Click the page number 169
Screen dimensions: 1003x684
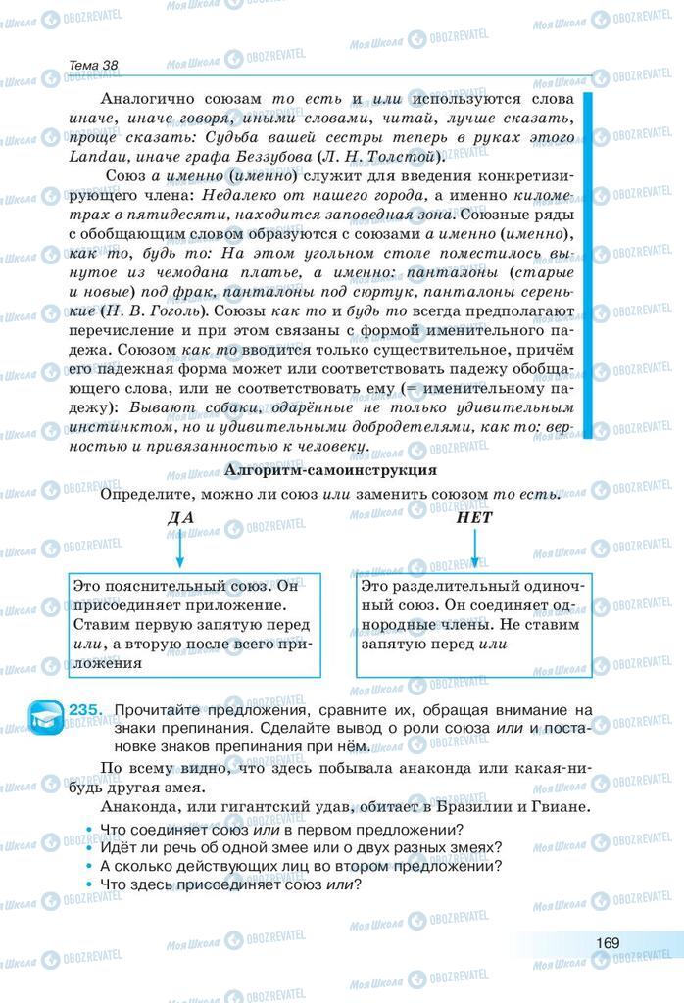607,942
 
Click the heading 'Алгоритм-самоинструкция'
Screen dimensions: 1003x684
330,470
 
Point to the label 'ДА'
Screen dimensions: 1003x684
179,518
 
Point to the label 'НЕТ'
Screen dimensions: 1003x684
474,518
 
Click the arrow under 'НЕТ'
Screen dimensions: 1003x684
474,549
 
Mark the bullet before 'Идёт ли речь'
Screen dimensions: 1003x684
89,848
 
